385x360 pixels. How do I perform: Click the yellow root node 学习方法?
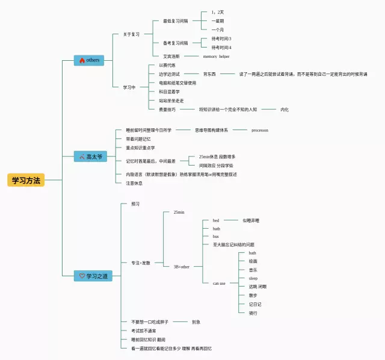pos(26,180)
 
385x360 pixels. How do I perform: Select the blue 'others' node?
pos(89,60)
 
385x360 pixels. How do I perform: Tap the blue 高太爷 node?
pos(89,157)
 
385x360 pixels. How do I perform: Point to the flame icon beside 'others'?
pos(81,60)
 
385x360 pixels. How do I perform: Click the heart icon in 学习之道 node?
pos(82,276)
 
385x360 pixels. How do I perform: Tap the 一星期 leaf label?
pos(217,21)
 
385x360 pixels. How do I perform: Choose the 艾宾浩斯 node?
pos(171,56)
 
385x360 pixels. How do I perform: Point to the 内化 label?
pos(285,110)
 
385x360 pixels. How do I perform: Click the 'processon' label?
pos(259,130)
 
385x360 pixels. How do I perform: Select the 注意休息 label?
pos(134,183)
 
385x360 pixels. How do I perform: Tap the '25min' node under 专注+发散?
pos(179,213)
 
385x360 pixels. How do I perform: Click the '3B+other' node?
pos(181,266)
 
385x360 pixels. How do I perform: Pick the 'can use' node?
pos(219,283)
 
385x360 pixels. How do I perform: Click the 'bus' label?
pos(215,237)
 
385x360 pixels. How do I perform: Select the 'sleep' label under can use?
pos(253,279)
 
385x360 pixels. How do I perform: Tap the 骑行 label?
pos(253,313)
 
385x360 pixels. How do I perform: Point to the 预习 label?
pos(135,204)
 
